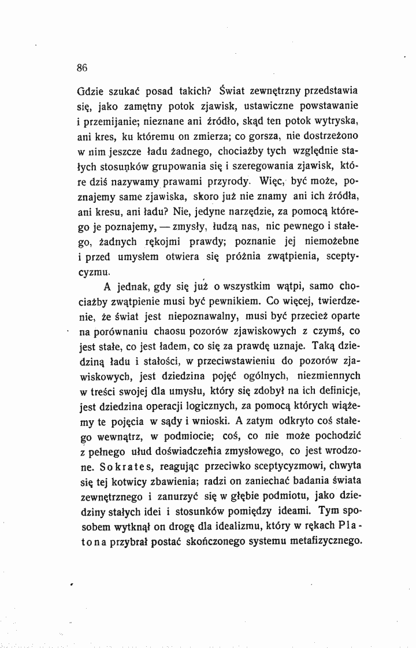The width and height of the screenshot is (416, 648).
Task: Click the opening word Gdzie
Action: pyautogui.click(x=90, y=91)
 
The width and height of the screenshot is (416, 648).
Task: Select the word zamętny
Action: pyautogui.click(x=141, y=106)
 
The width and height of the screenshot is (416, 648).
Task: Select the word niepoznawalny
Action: pyautogui.click(x=200, y=317)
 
